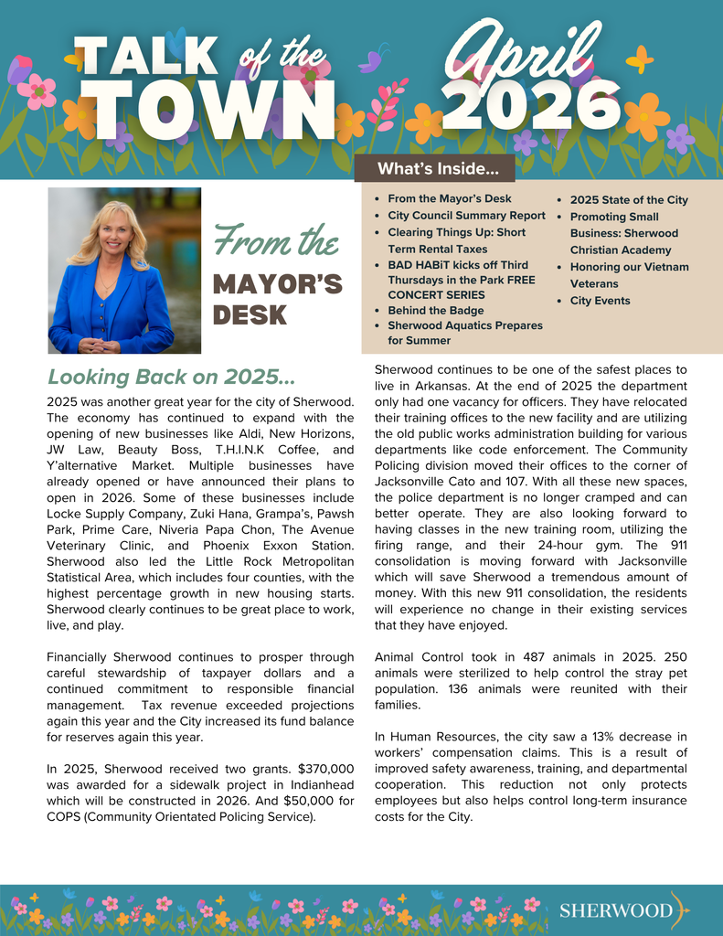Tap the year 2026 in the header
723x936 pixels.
tap(536, 105)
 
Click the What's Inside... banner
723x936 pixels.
tap(438, 169)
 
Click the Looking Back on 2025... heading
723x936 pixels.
tap(171, 377)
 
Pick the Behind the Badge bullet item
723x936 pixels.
tap(435, 311)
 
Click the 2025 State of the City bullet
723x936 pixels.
tap(629, 200)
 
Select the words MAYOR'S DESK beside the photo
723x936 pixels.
tap(277, 300)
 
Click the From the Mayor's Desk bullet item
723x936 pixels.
tap(449, 198)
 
